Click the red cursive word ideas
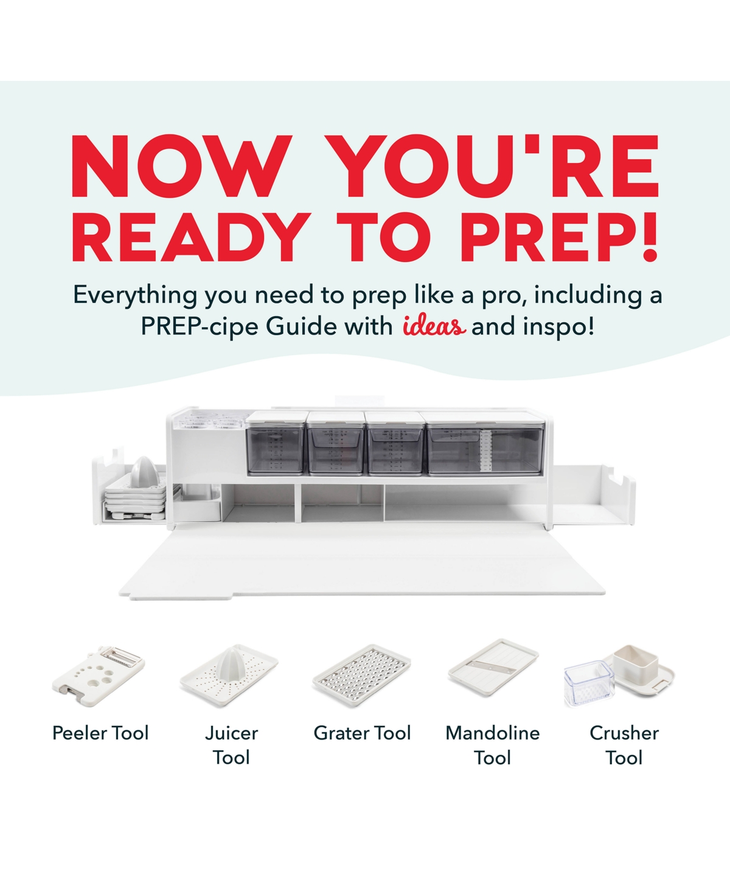434,327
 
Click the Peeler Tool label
100,733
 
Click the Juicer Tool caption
231,745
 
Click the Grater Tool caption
362,733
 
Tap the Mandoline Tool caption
492,745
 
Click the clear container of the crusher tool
588,684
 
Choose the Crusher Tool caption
624,745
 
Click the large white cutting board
362,565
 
